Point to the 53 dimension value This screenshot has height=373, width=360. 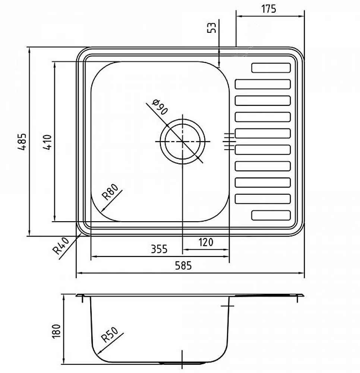coord(211,28)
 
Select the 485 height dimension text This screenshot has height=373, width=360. coord(23,142)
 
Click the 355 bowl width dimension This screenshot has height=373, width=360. coord(160,249)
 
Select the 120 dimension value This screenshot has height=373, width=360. coord(206,242)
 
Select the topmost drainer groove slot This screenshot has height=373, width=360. coord(271,68)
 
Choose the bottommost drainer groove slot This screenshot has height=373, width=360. coord(271,215)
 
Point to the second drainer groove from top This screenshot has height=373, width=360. coord(263,84)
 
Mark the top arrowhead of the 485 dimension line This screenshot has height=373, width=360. coord(29,50)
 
